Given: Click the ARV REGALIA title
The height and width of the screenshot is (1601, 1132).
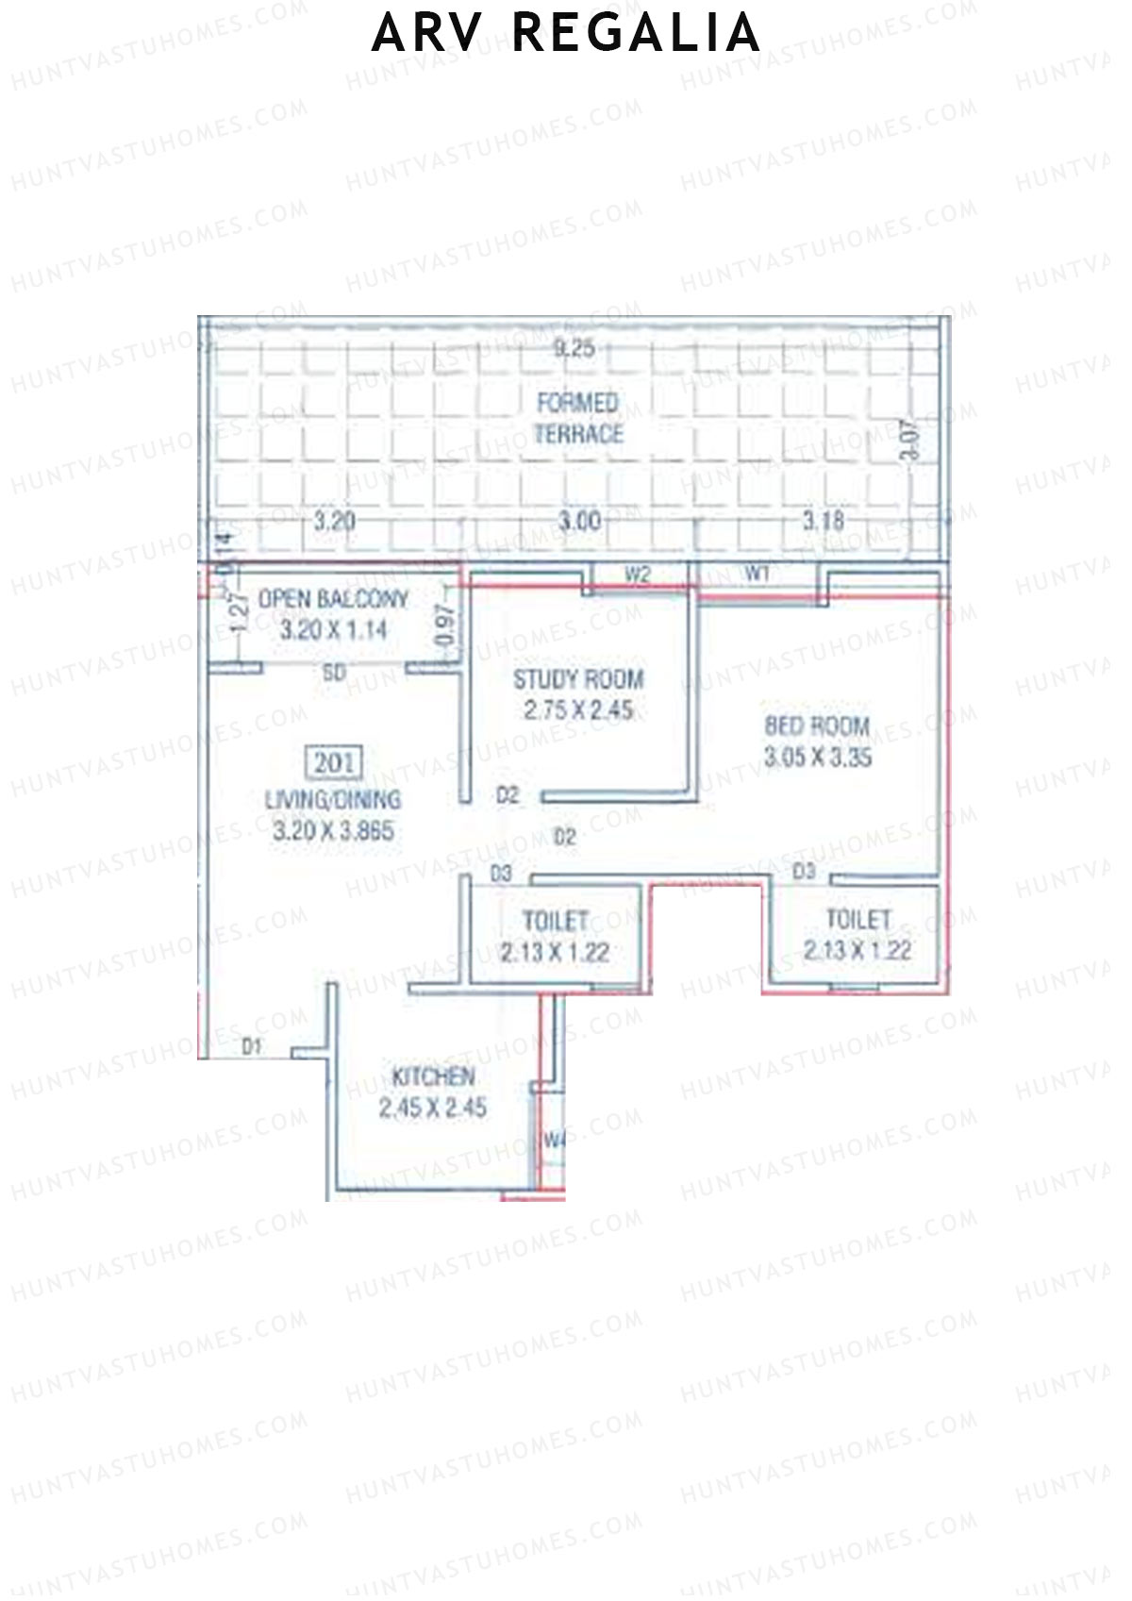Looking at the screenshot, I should pyautogui.click(x=566, y=33).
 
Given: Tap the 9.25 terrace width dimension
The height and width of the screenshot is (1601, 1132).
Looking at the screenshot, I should pyautogui.click(x=574, y=348).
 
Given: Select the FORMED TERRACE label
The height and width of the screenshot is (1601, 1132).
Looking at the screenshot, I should pyautogui.click(x=579, y=418).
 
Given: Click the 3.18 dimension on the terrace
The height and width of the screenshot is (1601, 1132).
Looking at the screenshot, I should pyautogui.click(x=823, y=520).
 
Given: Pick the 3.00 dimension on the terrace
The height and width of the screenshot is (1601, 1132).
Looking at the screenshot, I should pyautogui.click(x=579, y=521).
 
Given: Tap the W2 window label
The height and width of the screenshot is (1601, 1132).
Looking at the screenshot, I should pyautogui.click(x=639, y=575).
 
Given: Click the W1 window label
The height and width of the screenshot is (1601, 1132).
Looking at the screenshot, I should pyautogui.click(x=757, y=573).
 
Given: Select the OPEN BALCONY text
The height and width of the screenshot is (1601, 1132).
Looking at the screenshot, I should pyautogui.click(x=333, y=599).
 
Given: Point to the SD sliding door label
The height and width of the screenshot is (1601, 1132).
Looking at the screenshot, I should pyautogui.click(x=334, y=674).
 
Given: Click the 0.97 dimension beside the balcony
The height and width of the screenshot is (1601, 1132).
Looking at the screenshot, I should pyautogui.click(x=447, y=625).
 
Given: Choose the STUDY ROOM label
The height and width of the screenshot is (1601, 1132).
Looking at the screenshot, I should pyautogui.click(x=578, y=679).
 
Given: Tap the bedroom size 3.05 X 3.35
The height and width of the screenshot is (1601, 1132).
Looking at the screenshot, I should pyautogui.click(x=818, y=758).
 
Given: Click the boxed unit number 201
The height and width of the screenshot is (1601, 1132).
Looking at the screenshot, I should pyautogui.click(x=335, y=762).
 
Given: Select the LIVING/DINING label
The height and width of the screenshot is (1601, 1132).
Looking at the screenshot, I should pyautogui.click(x=333, y=800).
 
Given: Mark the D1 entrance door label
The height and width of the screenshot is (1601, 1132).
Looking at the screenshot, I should pyautogui.click(x=252, y=1045).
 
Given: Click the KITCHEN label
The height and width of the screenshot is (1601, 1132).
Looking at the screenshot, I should pyautogui.click(x=433, y=1076).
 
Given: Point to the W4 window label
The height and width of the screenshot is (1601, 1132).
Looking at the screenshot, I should pyautogui.click(x=554, y=1140).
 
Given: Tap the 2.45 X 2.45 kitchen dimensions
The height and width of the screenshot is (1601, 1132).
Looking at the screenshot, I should pyautogui.click(x=433, y=1109).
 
